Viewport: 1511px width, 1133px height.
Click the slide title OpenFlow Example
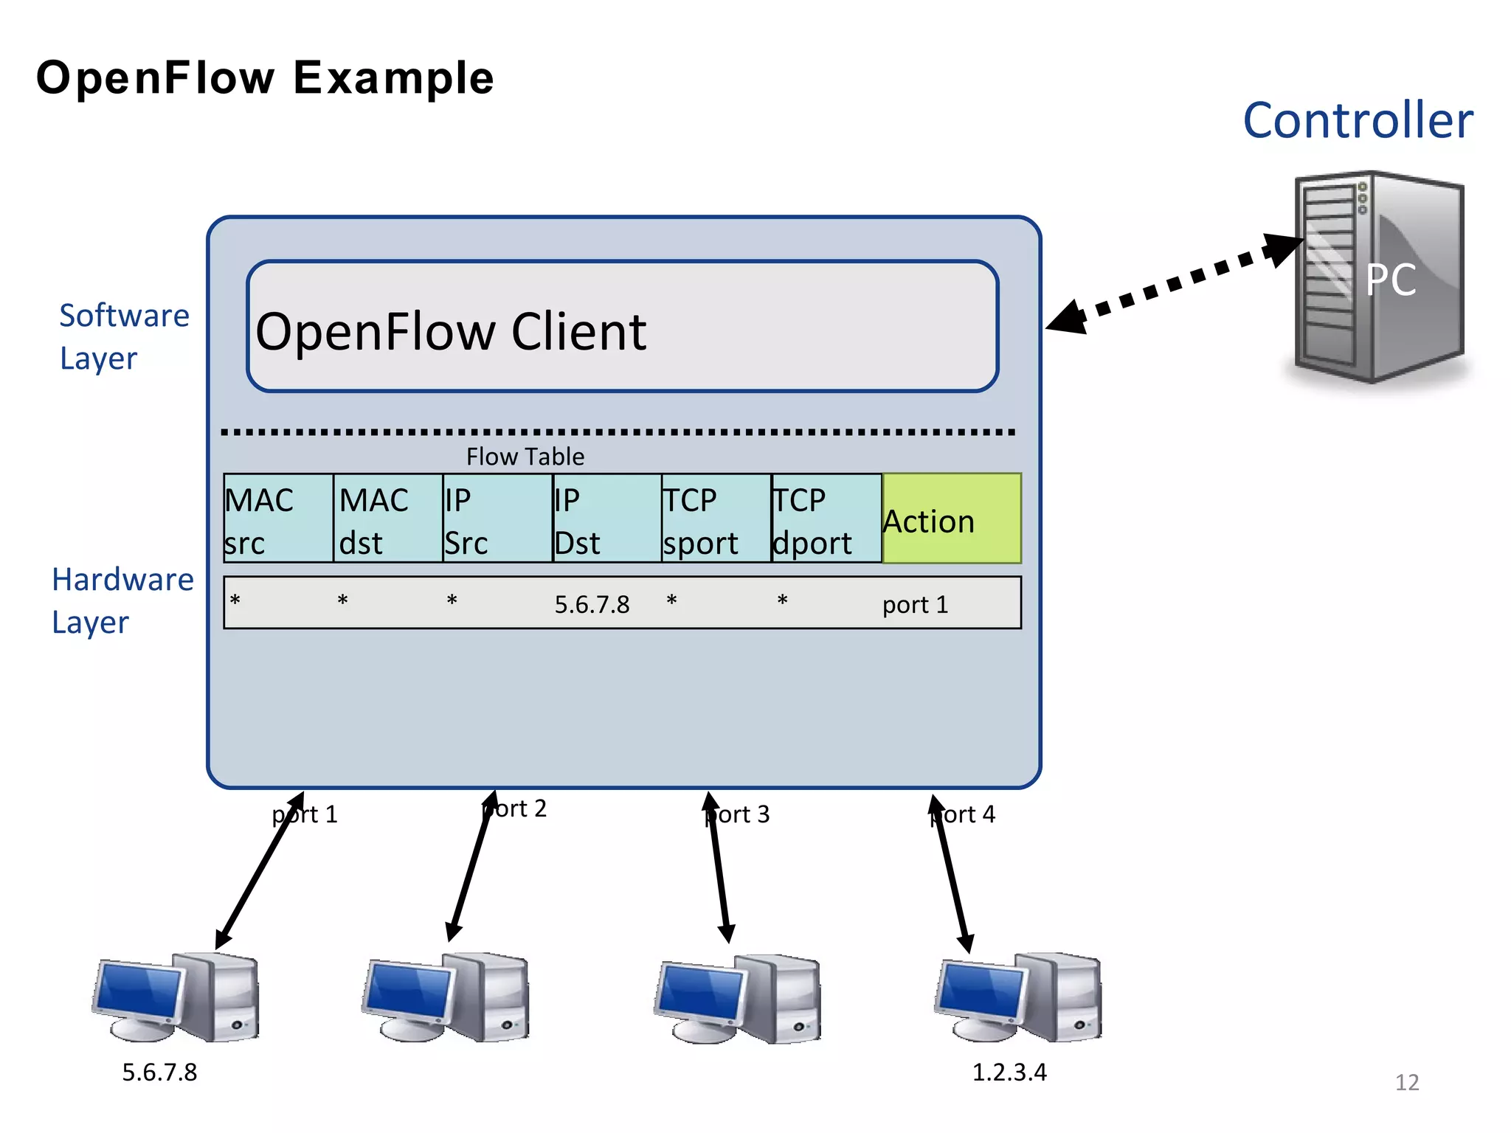[265, 78]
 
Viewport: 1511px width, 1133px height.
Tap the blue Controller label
[1358, 120]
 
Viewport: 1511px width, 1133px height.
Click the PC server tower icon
[1378, 279]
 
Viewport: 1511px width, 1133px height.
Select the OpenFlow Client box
[622, 326]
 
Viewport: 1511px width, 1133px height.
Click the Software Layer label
[124, 336]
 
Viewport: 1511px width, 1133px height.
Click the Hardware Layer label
[122, 600]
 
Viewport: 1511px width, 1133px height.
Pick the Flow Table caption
[525, 457]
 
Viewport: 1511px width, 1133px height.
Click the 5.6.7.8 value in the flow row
[592, 605]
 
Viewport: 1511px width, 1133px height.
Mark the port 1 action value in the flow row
[915, 605]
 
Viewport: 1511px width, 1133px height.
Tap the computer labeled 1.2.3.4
[1018, 997]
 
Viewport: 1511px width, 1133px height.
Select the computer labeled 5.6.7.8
[176, 997]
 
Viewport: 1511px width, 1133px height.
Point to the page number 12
[1406, 1082]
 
